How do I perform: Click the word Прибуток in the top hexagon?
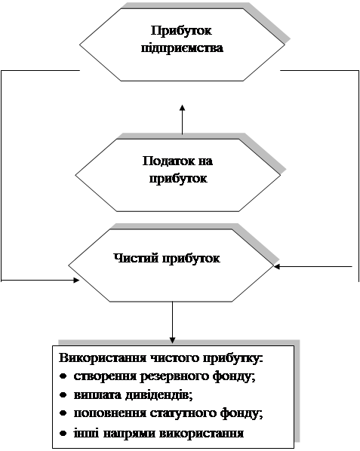tap(181, 31)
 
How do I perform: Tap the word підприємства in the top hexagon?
tap(182, 48)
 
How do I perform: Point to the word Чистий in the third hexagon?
tap(136, 258)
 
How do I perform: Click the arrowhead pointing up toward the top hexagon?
tap(182, 108)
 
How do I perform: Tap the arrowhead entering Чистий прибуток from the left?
tap(76, 280)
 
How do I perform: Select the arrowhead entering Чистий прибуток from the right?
tap(277, 267)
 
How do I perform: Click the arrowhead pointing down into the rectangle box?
tap(172, 339)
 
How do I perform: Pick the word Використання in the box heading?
tap(102, 358)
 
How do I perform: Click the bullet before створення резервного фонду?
tap(63, 376)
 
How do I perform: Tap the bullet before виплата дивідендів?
tap(63, 395)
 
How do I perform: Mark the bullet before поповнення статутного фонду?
tap(63, 413)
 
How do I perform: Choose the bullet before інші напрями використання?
tap(63, 433)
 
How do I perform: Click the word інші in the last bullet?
tap(86, 433)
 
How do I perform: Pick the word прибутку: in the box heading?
tap(234, 359)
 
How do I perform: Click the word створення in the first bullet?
tap(105, 377)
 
